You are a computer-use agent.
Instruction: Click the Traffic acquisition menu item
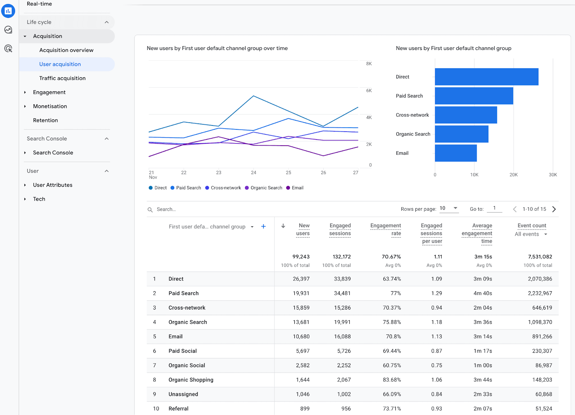(x=63, y=78)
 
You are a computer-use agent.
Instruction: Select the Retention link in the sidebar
(x=45, y=120)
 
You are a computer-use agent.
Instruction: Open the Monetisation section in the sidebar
(x=50, y=106)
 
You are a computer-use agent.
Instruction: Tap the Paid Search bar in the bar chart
(x=474, y=96)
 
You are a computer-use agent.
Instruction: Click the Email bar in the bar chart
(x=456, y=153)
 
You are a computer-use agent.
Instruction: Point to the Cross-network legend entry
(x=223, y=188)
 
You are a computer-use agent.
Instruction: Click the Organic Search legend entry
(x=264, y=188)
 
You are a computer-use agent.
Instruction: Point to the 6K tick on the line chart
(x=369, y=90)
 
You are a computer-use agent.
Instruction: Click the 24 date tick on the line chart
(x=253, y=173)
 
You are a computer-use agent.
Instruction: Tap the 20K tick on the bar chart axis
(x=514, y=175)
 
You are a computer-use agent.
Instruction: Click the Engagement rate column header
(x=386, y=229)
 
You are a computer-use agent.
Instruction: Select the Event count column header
(x=532, y=225)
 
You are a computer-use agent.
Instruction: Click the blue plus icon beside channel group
(x=263, y=226)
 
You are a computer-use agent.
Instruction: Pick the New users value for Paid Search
(x=301, y=293)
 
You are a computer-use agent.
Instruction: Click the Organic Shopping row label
(x=191, y=379)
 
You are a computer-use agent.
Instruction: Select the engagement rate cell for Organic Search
(x=392, y=322)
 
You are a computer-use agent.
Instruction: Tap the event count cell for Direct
(x=540, y=279)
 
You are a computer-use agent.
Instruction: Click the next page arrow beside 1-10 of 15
(x=554, y=209)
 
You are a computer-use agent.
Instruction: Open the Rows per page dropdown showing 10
(x=449, y=208)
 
